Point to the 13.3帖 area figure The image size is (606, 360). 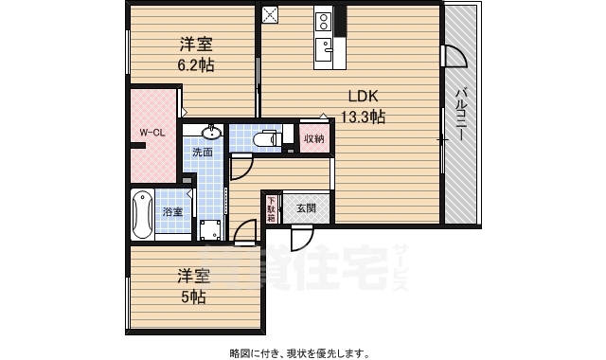click(x=363, y=117)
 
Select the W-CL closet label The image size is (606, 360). click(x=153, y=133)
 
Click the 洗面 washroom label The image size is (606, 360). click(x=203, y=152)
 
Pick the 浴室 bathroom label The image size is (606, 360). click(x=172, y=211)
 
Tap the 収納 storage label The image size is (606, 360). click(x=313, y=139)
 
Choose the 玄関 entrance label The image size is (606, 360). click(x=306, y=208)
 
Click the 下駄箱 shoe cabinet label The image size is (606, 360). click(x=271, y=208)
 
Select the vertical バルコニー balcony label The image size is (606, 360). click(x=460, y=114)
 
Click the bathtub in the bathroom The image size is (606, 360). click(x=142, y=214)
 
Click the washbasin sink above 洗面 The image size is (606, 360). click(x=211, y=133)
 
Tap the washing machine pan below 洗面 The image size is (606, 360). click(x=209, y=227)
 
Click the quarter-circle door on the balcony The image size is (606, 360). click(x=454, y=55)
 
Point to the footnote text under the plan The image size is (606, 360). click(x=298, y=352)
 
